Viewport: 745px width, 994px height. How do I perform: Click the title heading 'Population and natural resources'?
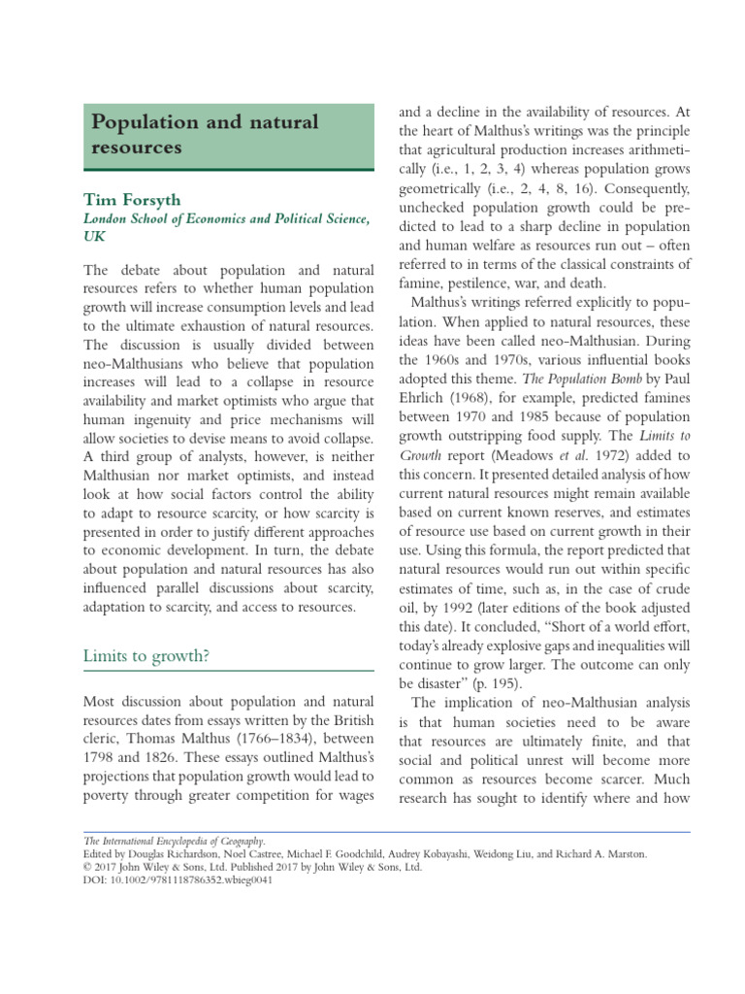pyautogui.click(x=204, y=135)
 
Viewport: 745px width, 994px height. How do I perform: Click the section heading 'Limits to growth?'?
pyautogui.click(x=146, y=655)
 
